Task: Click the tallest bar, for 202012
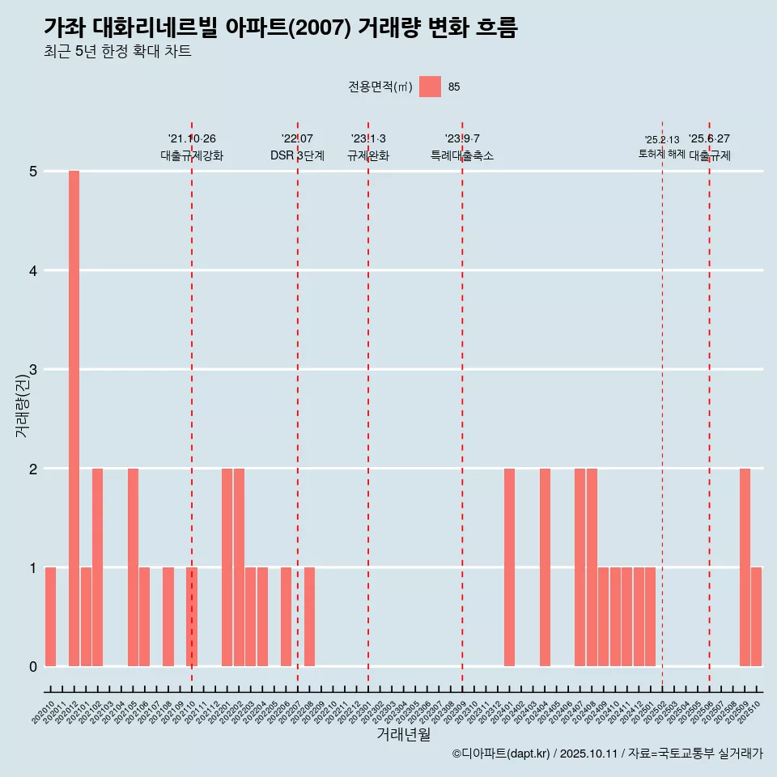[74, 418]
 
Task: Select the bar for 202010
[50, 617]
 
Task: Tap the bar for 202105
[133, 567]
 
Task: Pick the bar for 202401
[509, 567]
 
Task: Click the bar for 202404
[545, 567]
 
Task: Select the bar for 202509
[745, 567]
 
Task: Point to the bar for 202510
[756, 617]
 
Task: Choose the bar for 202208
[309, 617]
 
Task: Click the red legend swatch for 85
[431, 87]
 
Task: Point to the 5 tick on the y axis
[33, 172]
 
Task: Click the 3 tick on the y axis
[33, 370]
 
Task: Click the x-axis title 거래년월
[403, 735]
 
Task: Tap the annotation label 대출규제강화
[192, 155]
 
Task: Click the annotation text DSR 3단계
[297, 155]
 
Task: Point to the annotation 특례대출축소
[461, 155]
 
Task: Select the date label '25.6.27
[709, 139]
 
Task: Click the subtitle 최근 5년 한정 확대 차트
[117, 52]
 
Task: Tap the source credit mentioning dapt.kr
[607, 754]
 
